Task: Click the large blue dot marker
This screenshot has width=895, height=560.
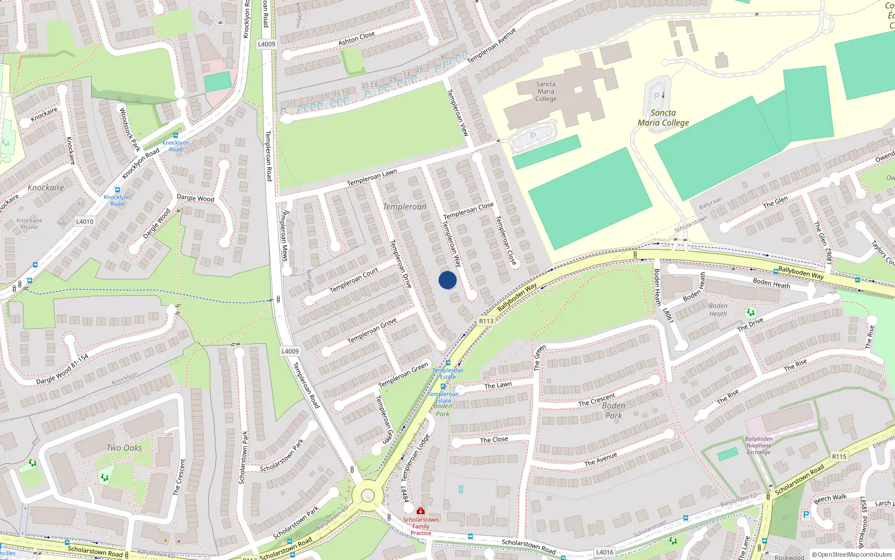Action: click(x=447, y=280)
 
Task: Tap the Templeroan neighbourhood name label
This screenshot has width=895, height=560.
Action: click(x=404, y=207)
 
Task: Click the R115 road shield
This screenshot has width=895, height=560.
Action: click(x=839, y=456)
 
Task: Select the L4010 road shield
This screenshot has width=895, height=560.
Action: click(x=85, y=222)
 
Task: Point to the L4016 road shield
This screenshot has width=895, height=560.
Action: click(x=605, y=552)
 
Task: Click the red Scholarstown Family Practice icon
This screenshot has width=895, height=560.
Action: click(x=421, y=511)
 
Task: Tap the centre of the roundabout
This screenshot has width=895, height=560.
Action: click(x=368, y=496)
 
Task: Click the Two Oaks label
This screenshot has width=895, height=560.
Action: click(x=124, y=448)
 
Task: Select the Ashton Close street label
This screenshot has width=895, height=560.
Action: click(x=356, y=38)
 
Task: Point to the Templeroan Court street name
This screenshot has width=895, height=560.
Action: click(x=354, y=279)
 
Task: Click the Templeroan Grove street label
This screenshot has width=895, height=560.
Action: click(x=372, y=330)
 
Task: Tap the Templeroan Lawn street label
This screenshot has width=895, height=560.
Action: click(x=372, y=178)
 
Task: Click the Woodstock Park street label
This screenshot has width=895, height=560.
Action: click(x=130, y=129)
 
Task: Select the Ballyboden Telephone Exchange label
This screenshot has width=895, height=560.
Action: click(x=759, y=446)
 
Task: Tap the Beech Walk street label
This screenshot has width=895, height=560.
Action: click(x=830, y=498)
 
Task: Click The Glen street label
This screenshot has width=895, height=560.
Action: click(x=775, y=202)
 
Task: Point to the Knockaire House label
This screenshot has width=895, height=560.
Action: click(x=30, y=223)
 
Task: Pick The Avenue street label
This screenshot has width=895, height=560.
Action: click(x=601, y=459)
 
